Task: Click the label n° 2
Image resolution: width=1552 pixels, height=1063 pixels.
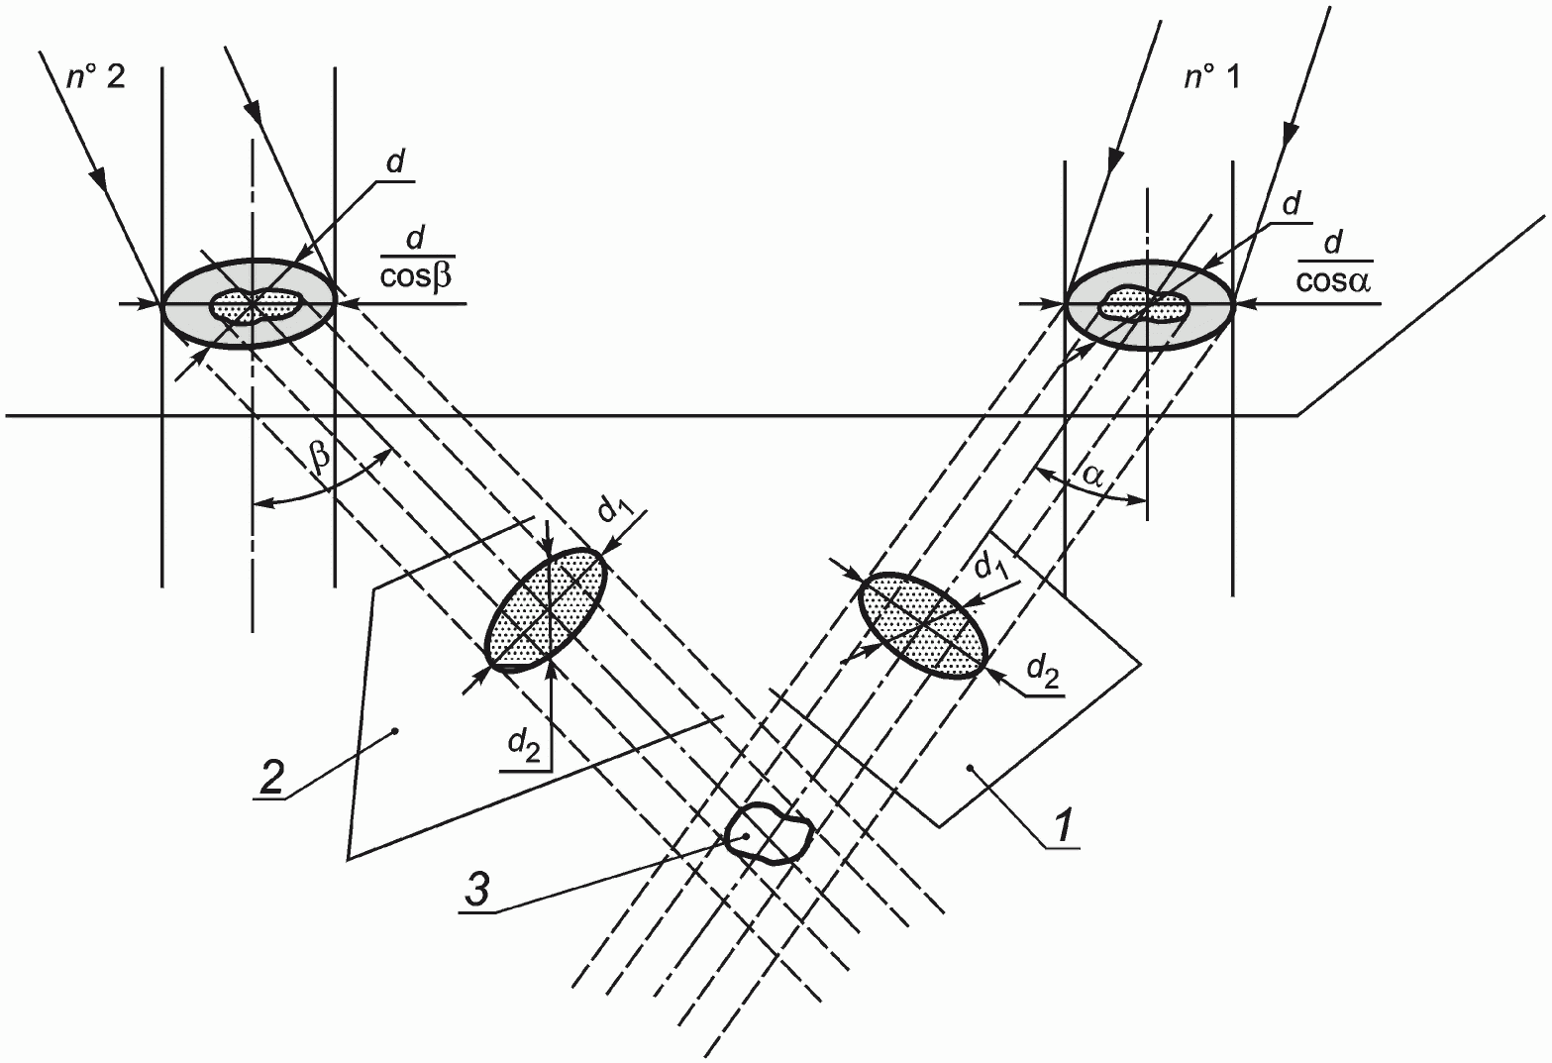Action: pyautogui.click(x=96, y=78)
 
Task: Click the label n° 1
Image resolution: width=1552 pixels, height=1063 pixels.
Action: pyautogui.click(x=1212, y=78)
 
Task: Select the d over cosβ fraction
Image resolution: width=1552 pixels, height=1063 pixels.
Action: pyautogui.click(x=416, y=258)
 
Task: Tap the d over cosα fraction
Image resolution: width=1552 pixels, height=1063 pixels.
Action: pyautogui.click(x=1334, y=263)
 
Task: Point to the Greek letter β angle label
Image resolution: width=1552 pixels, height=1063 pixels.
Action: pyautogui.click(x=320, y=458)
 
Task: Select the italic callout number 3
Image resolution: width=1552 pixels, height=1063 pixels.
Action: pyautogui.click(x=477, y=889)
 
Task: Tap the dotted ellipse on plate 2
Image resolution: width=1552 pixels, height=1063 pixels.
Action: pyautogui.click(x=548, y=608)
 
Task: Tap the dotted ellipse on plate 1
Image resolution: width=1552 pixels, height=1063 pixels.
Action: pyautogui.click(x=922, y=624)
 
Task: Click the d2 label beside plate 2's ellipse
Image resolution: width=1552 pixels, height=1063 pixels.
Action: pyautogui.click(x=524, y=746)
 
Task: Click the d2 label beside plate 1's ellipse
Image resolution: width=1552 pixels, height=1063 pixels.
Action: pyautogui.click(x=1043, y=672)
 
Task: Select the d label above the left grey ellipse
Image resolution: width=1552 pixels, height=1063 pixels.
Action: pyautogui.click(x=395, y=162)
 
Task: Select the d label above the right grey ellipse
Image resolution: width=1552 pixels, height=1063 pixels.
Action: pyautogui.click(x=1291, y=204)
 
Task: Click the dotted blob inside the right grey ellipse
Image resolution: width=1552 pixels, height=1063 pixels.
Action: pyautogui.click(x=1144, y=305)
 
